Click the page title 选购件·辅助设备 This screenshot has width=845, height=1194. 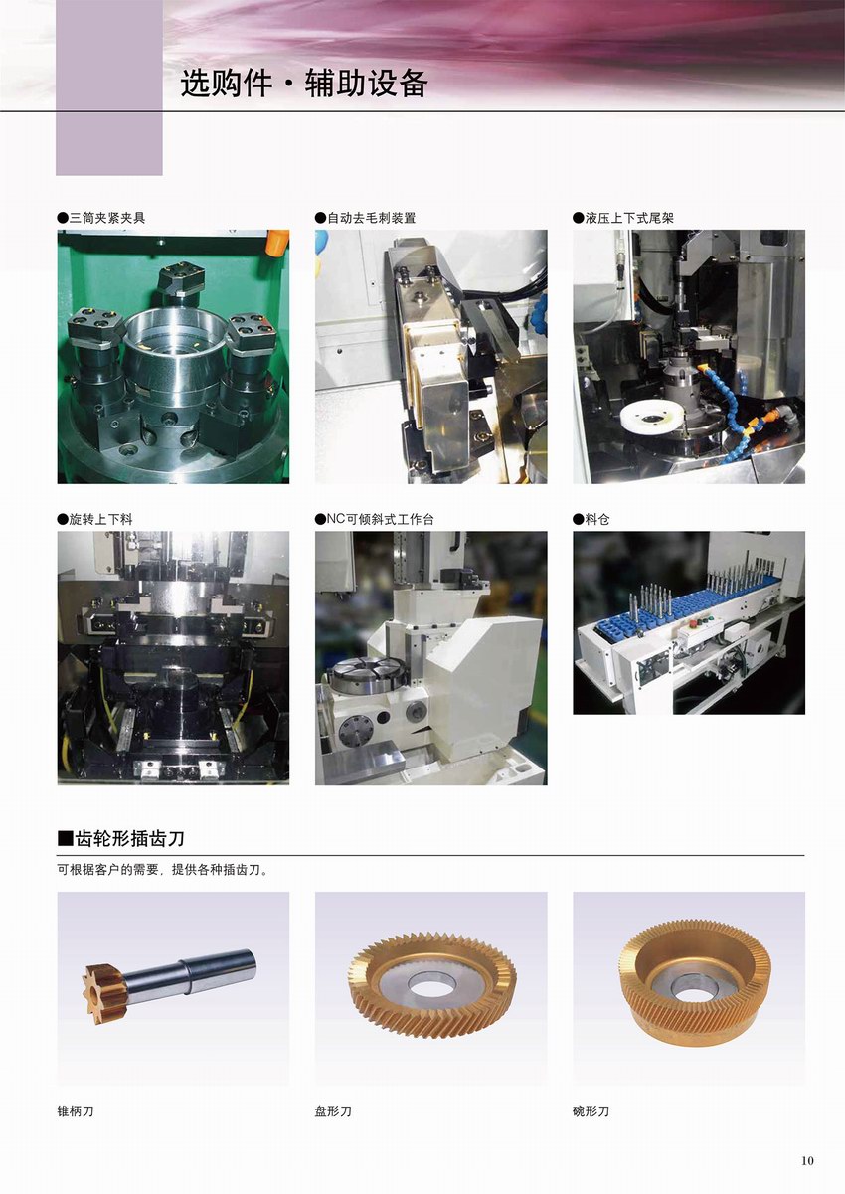[x=304, y=84]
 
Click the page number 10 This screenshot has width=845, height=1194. [x=807, y=1160]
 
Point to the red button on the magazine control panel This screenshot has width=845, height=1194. [x=692, y=622]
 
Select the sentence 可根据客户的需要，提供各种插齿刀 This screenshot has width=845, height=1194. [x=162, y=870]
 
